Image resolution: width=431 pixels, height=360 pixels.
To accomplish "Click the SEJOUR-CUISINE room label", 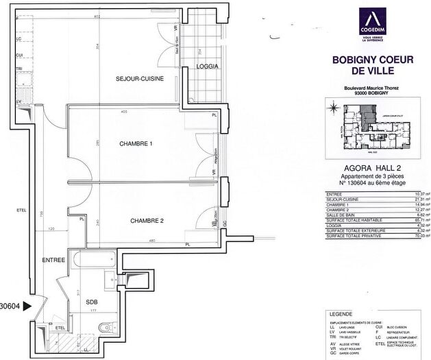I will [x=139, y=80].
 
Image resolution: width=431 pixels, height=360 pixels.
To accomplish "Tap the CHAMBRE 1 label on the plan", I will [x=136, y=143].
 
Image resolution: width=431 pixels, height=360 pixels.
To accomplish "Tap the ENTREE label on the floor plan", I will [x=53, y=260].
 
